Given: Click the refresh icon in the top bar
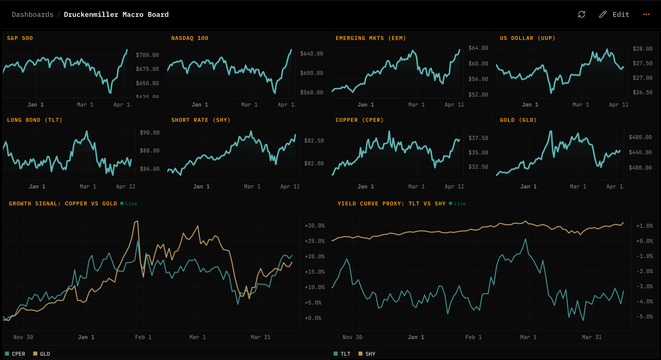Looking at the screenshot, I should [x=581, y=14].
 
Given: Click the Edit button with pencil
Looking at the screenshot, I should [x=614, y=14].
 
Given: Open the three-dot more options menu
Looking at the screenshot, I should [x=646, y=14].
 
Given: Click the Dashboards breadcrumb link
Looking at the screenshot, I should [x=33, y=15].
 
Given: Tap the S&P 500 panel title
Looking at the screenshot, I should [x=20, y=38].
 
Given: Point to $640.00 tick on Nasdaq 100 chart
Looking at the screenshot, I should [x=311, y=54].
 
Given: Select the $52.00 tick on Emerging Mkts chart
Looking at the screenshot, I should [x=478, y=95].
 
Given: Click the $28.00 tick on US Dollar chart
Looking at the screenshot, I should [x=642, y=49].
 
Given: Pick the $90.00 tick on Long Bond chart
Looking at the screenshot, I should [x=150, y=133].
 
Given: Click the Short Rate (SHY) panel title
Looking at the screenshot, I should [x=201, y=120].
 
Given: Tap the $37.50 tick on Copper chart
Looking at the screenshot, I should [x=478, y=138].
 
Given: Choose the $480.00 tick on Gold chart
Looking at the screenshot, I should [x=640, y=137].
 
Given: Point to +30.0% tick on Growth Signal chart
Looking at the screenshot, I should [x=315, y=226].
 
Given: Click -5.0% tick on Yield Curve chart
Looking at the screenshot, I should [x=644, y=317].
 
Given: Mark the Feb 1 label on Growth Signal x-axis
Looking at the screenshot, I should [x=143, y=337].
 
